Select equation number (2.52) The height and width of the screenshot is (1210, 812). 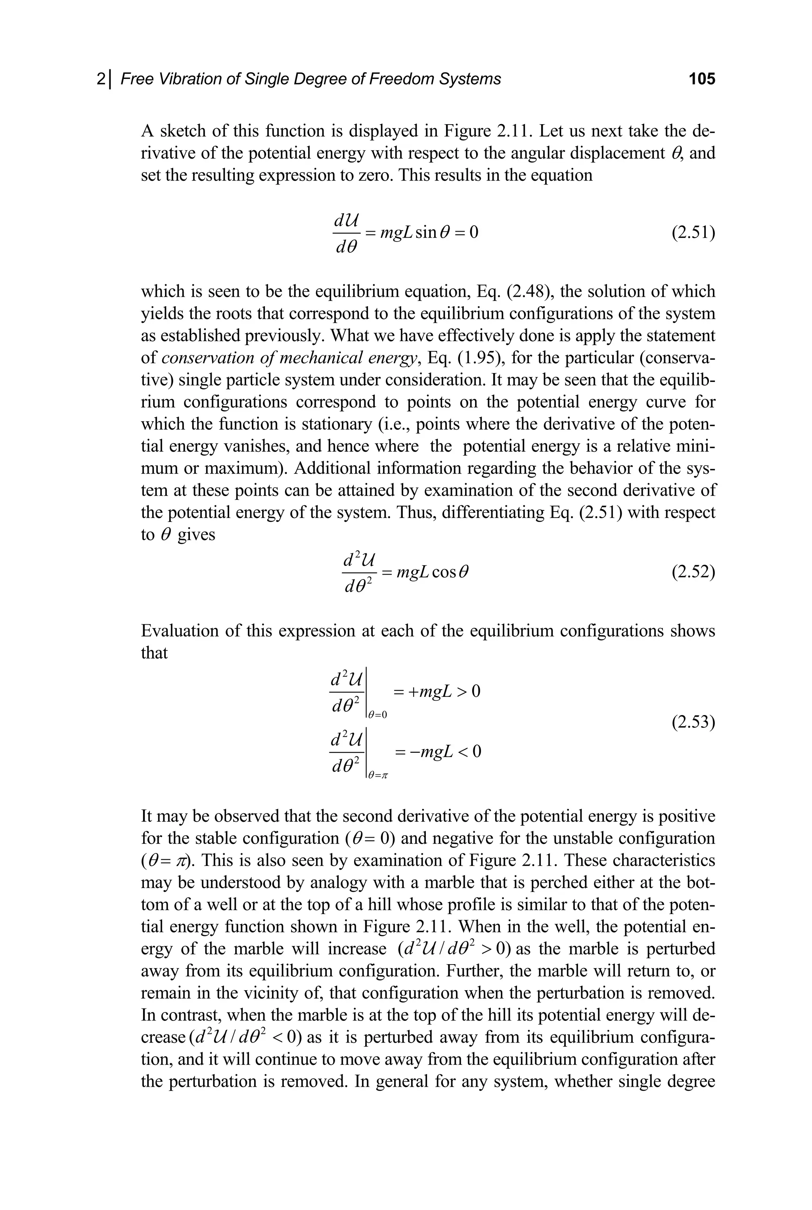point(693,572)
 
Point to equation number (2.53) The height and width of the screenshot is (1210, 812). point(693,721)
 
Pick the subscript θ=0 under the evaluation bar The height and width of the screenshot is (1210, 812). point(377,715)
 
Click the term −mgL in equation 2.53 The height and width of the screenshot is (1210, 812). point(431,751)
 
